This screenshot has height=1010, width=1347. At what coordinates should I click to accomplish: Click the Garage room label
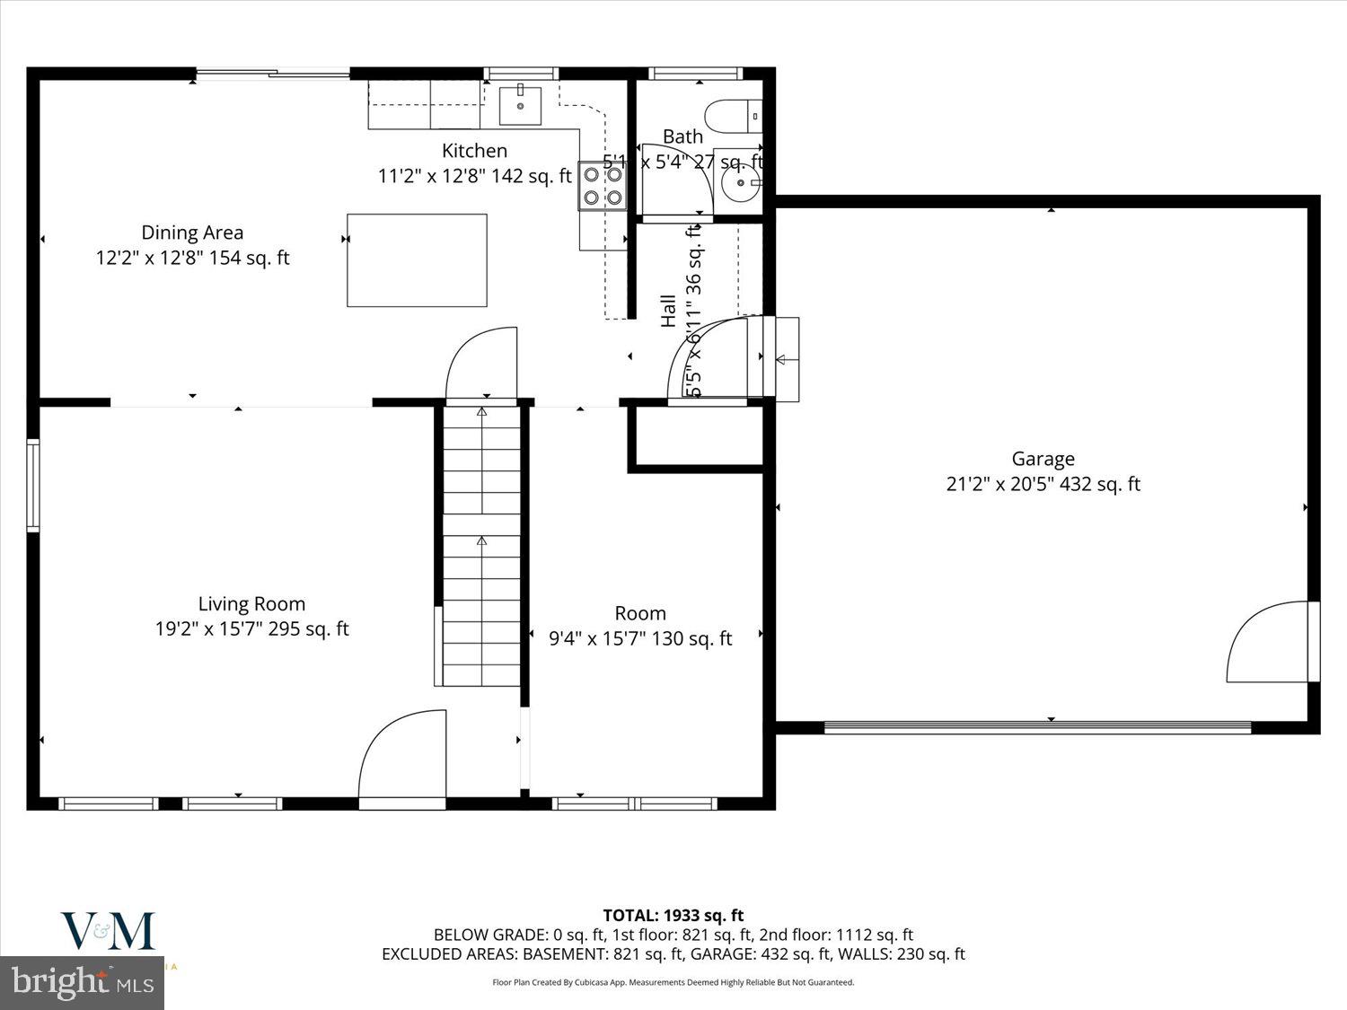click(x=1043, y=459)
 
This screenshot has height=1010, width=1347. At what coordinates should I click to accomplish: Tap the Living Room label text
click(x=251, y=604)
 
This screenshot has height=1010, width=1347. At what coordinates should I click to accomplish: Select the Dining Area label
click(x=192, y=233)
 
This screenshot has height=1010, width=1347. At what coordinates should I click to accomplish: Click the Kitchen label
click(x=474, y=151)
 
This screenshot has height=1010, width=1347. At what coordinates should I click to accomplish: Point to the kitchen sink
click(x=521, y=105)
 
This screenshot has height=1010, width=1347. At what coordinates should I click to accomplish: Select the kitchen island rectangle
click(x=417, y=260)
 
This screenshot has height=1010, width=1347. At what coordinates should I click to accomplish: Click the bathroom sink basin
click(x=740, y=184)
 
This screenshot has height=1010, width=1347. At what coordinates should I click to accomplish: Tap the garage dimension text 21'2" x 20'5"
click(x=1043, y=484)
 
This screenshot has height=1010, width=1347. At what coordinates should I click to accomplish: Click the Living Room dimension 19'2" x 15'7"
click(x=251, y=629)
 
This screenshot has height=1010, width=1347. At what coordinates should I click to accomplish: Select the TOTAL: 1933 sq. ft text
click(x=673, y=916)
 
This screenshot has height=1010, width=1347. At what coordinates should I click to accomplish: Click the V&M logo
click(x=108, y=932)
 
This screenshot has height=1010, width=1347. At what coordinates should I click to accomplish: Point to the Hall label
click(x=668, y=311)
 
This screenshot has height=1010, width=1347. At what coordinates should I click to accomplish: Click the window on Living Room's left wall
click(x=33, y=485)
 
